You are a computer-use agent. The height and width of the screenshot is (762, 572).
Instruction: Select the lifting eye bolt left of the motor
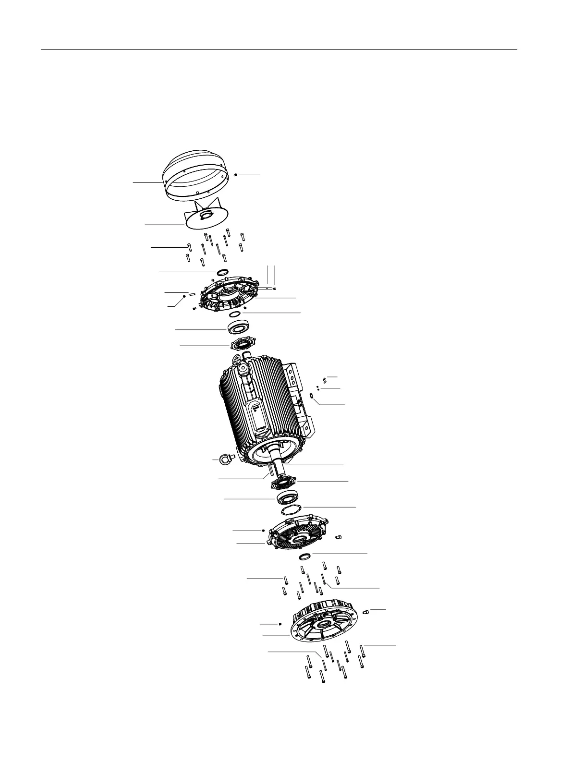224,460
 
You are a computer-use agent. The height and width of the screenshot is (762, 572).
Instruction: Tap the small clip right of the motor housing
312,396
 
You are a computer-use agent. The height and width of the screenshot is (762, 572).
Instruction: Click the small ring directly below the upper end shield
235,314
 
